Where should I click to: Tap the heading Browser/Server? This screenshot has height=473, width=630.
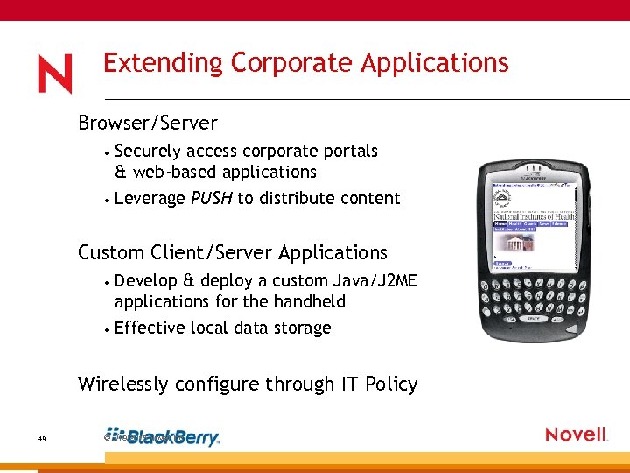(x=147, y=123)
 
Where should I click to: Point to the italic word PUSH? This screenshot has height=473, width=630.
(x=212, y=198)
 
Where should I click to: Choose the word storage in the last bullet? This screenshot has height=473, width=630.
(x=302, y=328)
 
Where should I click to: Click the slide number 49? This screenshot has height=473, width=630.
(x=41, y=438)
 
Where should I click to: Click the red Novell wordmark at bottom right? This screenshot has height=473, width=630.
(x=576, y=435)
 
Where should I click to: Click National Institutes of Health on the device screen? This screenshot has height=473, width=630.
(x=534, y=215)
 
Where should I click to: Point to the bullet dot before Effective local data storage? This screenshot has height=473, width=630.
(x=104, y=329)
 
